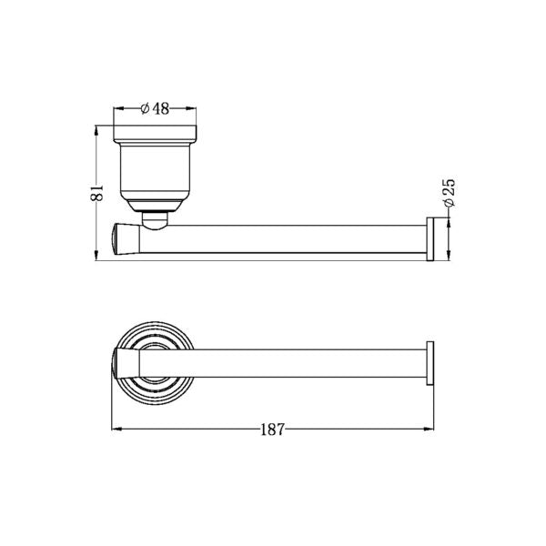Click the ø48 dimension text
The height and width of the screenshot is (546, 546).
coord(157,108)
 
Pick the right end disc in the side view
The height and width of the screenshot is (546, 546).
coord(433,238)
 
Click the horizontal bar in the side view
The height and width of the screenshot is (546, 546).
coord(282,238)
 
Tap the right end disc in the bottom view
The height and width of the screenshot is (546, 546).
coord(433,362)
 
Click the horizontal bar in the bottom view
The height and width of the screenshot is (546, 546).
coord(282,362)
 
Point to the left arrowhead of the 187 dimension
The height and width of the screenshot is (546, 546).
coord(115,430)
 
